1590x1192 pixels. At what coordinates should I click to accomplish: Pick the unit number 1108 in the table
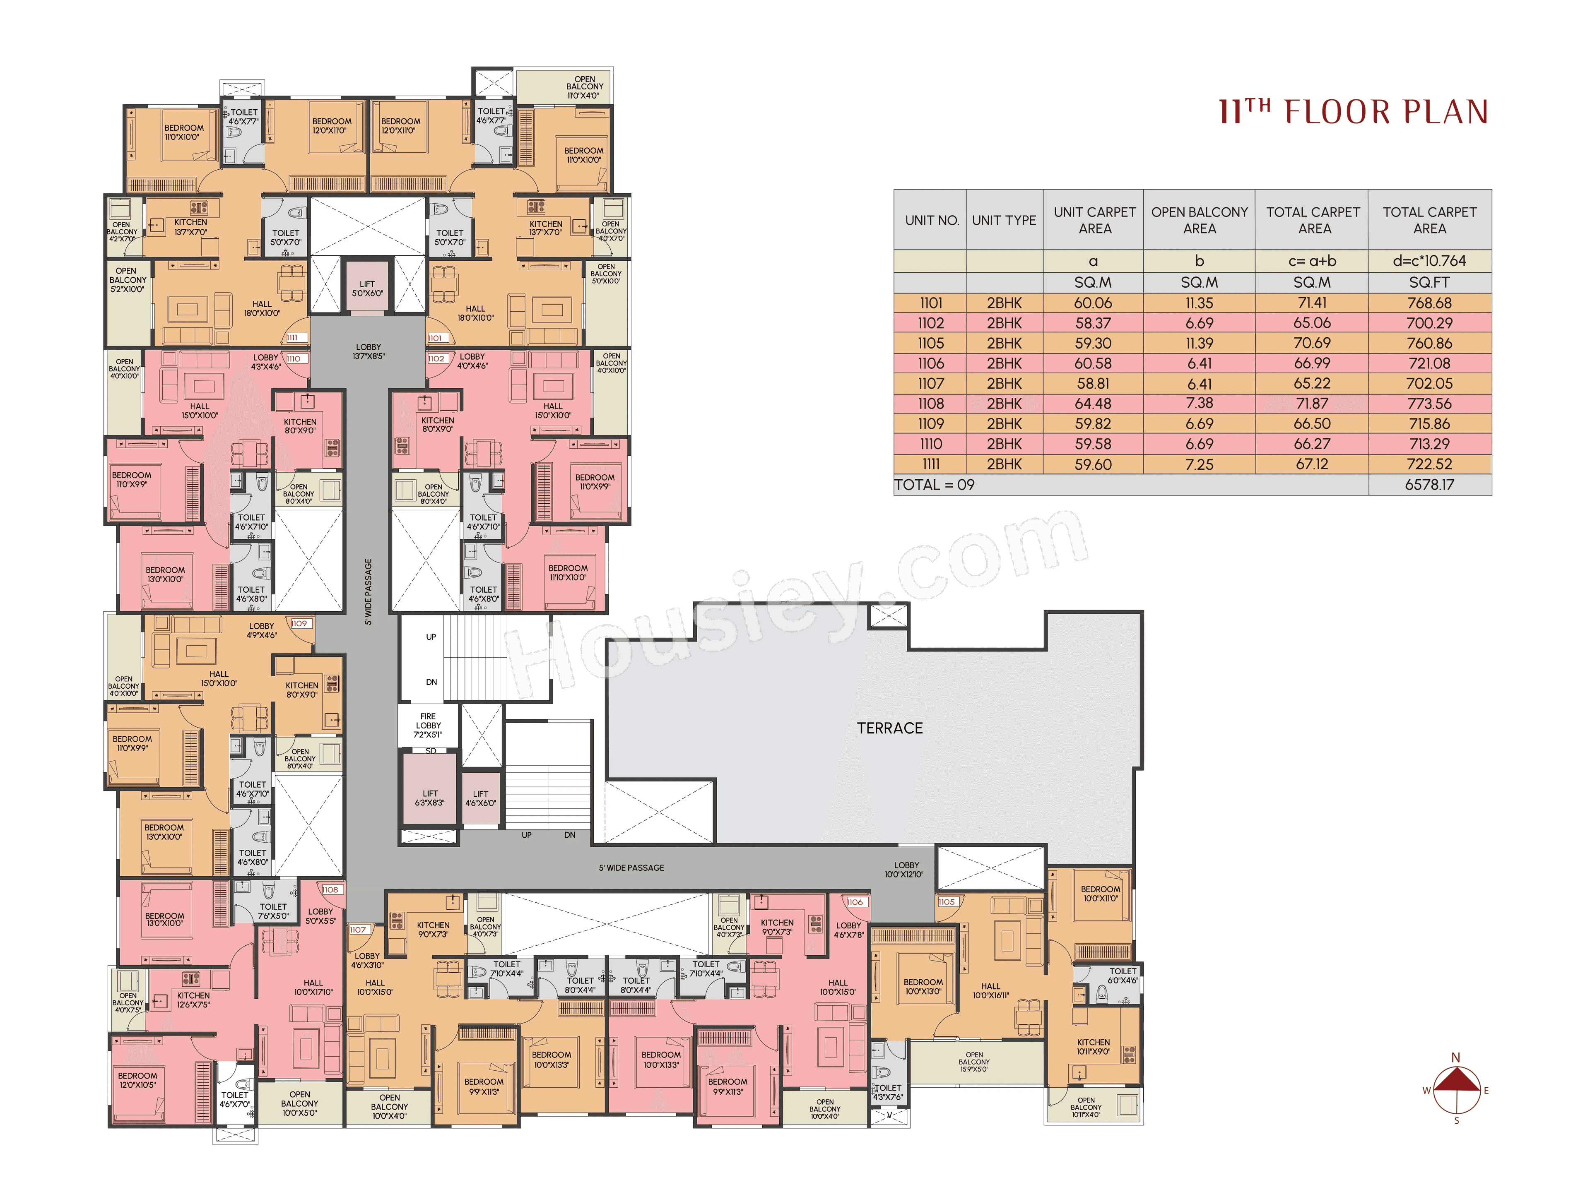931,404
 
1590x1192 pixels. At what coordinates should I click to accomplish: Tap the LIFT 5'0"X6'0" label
367,288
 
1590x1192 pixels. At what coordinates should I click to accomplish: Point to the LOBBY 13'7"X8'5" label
368,351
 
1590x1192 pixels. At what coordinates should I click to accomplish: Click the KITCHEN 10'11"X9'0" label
1093,1046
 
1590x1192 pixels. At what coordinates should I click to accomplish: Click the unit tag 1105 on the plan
947,902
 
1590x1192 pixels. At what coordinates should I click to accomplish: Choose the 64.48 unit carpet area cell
1093,404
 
